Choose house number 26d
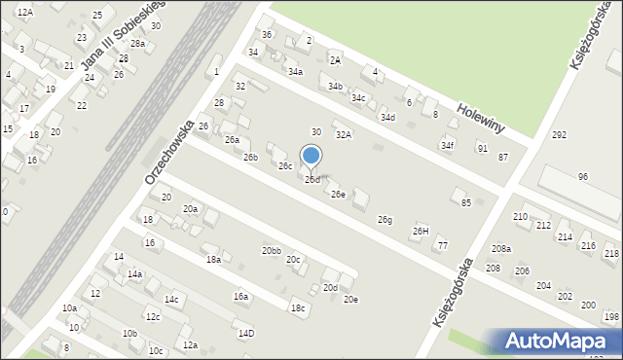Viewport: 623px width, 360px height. point(311,180)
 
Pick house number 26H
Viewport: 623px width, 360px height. point(421,231)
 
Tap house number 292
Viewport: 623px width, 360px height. point(559,135)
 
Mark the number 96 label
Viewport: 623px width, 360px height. point(583,176)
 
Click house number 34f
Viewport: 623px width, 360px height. point(447,146)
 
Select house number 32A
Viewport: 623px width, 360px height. point(343,135)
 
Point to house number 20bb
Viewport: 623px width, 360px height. point(271,251)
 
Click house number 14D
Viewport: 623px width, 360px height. point(246,333)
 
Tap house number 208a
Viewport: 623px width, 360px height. point(500,249)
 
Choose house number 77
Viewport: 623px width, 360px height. point(443,245)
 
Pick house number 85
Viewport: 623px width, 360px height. point(466,202)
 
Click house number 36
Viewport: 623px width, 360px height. point(267,35)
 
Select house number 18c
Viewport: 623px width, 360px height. point(297,308)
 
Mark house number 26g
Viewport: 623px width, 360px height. point(385,220)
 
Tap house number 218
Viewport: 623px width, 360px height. point(611,253)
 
